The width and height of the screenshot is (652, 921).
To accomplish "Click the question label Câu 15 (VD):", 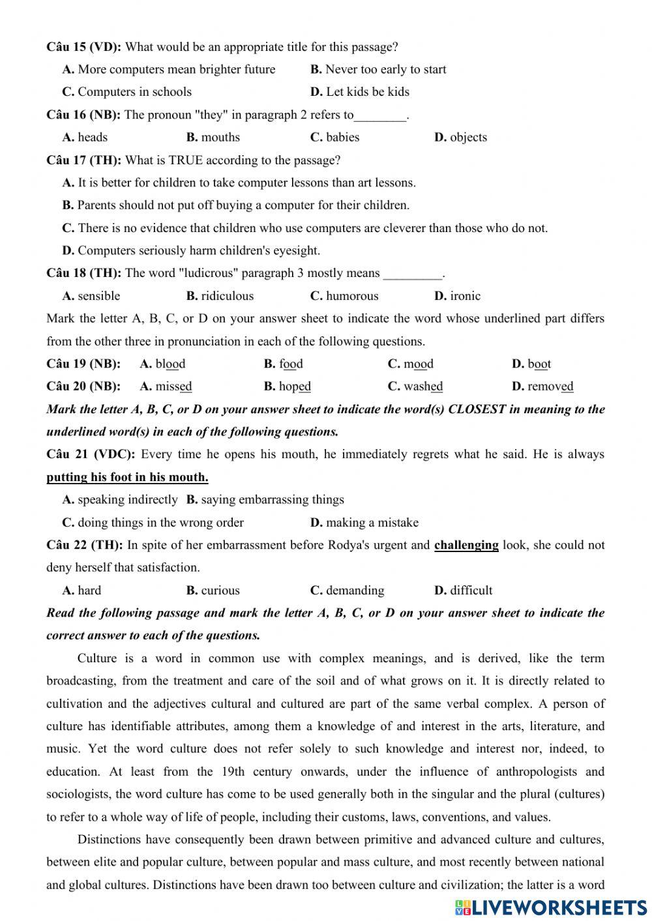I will (x=83, y=47).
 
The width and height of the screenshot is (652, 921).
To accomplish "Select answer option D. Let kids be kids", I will (x=360, y=92).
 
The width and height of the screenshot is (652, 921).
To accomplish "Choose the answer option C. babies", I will (x=334, y=138).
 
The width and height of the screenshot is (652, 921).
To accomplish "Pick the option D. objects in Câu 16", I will (x=460, y=138).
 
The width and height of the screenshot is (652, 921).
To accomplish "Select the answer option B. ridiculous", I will (x=220, y=296).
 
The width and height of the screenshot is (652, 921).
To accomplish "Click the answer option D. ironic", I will (x=457, y=296).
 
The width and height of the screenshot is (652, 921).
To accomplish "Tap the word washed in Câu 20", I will (x=423, y=387).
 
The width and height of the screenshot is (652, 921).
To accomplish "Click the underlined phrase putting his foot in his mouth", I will (x=127, y=477).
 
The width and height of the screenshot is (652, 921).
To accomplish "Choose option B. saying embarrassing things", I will (x=265, y=500).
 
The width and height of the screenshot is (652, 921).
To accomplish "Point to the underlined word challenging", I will (x=466, y=545).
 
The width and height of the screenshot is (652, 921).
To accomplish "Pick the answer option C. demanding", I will (x=347, y=591).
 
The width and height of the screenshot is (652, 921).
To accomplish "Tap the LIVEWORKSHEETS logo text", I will (x=558, y=907).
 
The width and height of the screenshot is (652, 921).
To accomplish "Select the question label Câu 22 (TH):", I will (x=84, y=545).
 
